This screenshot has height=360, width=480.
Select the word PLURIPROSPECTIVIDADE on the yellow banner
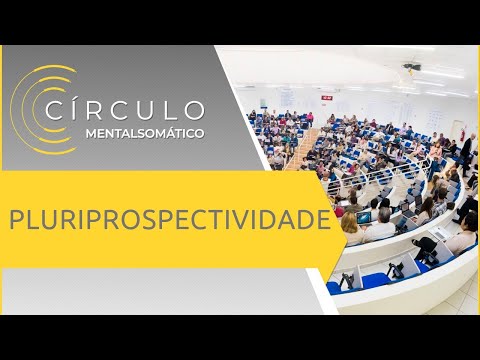pyautogui.click(x=171, y=219)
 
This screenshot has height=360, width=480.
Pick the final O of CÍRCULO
pyautogui.click(x=195, y=109)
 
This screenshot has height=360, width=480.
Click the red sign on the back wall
pyautogui.click(x=325, y=97)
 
